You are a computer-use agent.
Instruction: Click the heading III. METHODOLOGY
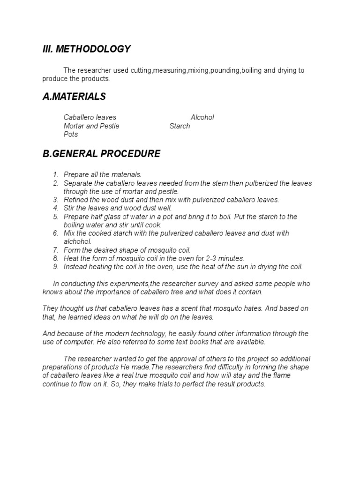click(87, 49)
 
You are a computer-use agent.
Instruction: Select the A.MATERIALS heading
click(74, 97)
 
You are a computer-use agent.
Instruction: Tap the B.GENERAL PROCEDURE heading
click(101, 154)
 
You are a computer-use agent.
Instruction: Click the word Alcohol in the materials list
click(202, 117)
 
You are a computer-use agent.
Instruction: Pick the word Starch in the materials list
click(180, 126)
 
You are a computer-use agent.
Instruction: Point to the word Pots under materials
click(71, 134)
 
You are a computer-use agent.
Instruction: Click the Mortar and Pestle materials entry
click(91, 126)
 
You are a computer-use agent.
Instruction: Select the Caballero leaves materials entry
click(90, 117)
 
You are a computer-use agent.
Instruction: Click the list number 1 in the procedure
click(55, 174)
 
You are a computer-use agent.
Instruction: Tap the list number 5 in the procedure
click(55, 217)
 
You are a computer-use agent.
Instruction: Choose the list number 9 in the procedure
click(55, 267)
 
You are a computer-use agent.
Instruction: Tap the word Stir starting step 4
click(69, 208)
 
